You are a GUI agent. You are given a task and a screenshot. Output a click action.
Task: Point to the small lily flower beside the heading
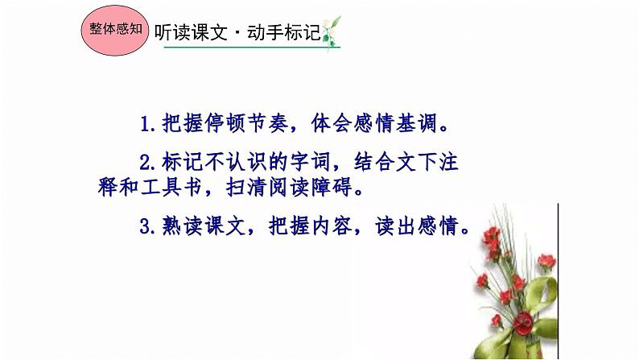331,31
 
